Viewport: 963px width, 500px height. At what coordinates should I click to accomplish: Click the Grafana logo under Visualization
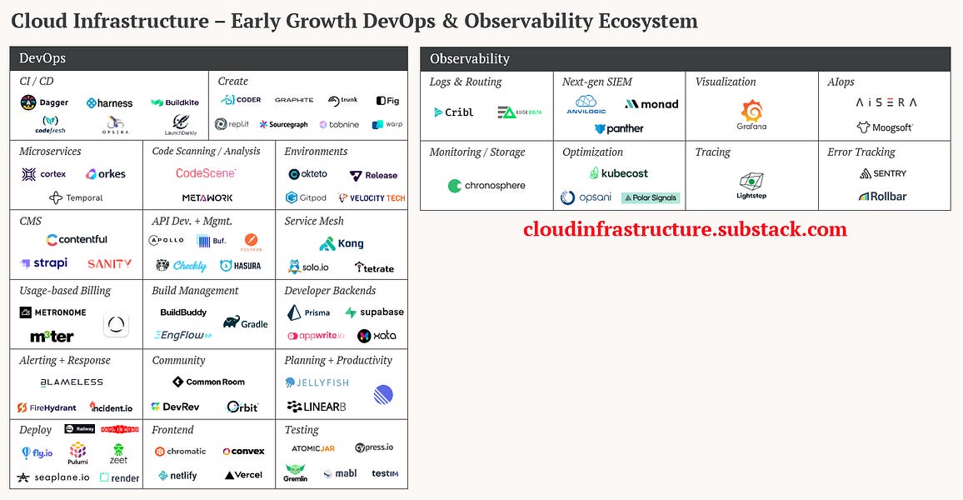pos(752,114)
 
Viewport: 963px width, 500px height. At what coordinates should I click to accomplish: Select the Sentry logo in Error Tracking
pos(883,173)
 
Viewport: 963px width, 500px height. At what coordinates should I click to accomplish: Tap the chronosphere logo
pos(486,186)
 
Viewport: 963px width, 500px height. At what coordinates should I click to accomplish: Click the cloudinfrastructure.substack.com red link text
pos(685,229)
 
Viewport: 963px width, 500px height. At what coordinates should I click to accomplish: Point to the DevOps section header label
pos(42,58)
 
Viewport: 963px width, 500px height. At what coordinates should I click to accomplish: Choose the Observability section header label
pos(470,58)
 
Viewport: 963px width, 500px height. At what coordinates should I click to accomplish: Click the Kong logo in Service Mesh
pos(342,244)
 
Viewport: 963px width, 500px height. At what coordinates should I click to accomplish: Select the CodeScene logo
pos(206,173)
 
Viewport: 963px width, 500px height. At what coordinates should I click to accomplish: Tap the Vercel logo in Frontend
pos(243,475)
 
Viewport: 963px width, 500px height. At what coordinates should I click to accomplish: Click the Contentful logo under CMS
pos(77,239)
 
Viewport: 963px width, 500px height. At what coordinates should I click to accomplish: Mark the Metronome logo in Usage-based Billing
pos(52,312)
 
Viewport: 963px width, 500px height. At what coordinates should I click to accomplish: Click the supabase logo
pos(375,312)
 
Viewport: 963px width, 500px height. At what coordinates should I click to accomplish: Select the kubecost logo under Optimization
pos(618,173)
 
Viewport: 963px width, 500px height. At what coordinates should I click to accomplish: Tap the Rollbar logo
pos(883,197)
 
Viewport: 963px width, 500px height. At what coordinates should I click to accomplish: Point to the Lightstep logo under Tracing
pos(751,185)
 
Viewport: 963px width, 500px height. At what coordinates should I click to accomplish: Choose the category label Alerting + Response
pos(65,360)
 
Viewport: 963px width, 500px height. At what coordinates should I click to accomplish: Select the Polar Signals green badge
pos(651,197)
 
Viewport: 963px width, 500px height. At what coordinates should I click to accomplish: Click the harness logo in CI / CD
pos(109,103)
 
